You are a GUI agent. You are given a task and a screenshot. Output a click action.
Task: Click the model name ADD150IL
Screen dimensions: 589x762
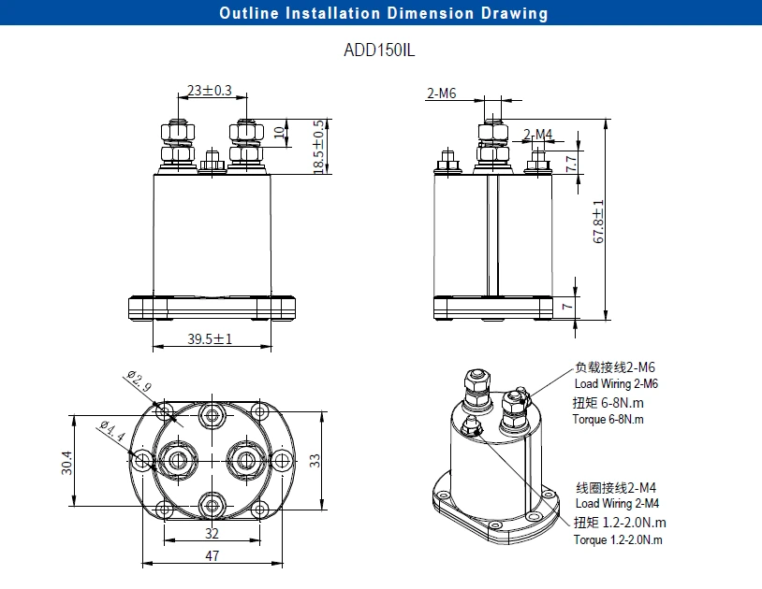(379, 50)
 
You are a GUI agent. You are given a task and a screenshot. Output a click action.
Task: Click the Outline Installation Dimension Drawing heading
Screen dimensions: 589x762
(383, 13)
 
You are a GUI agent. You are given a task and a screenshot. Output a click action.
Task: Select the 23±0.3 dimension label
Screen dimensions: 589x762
(210, 91)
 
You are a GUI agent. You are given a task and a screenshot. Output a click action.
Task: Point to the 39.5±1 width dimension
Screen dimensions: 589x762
(210, 339)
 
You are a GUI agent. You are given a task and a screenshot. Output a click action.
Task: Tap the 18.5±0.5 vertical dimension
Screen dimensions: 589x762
(319, 146)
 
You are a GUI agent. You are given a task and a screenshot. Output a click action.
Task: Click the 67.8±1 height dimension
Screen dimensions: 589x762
(599, 221)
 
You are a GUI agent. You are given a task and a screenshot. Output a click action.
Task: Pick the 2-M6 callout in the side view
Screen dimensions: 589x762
(442, 93)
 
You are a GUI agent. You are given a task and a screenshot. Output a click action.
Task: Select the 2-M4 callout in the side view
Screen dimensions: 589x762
(538, 134)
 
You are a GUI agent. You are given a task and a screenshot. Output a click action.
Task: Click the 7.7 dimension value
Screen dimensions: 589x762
(570, 163)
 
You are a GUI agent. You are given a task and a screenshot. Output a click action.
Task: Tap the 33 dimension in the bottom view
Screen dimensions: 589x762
(315, 460)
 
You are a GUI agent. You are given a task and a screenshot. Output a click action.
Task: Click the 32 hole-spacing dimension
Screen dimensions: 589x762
(212, 534)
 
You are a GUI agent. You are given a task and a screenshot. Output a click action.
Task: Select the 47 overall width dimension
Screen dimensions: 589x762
(212, 556)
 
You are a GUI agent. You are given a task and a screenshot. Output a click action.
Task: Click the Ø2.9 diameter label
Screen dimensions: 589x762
(138, 382)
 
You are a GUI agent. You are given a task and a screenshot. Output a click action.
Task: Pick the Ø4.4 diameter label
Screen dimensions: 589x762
(111, 430)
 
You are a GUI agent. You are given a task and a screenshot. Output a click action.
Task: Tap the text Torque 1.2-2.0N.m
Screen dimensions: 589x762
(620, 540)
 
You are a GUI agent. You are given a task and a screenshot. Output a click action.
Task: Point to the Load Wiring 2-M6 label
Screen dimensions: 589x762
(616, 384)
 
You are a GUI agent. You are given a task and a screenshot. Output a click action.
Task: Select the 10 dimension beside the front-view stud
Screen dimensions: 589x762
(278, 131)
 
